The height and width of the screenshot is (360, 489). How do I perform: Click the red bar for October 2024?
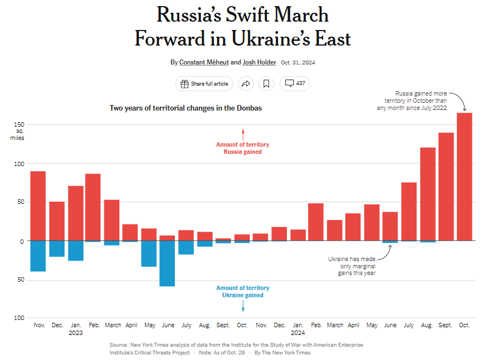click(x=464, y=177)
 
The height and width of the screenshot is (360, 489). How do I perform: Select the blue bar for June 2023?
click(x=167, y=263)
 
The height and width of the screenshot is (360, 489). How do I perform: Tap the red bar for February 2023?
click(x=93, y=207)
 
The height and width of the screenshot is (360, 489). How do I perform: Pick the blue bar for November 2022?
click(x=38, y=256)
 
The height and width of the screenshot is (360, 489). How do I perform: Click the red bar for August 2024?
click(x=427, y=194)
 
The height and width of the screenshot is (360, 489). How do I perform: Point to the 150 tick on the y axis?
click(x=19, y=124)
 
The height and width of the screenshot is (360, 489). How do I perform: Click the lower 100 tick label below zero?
click(x=19, y=318)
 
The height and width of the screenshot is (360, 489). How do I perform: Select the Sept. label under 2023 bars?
click(x=223, y=325)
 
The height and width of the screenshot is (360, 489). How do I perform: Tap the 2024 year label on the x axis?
click(x=298, y=333)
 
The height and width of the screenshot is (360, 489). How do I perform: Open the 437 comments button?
click(x=295, y=84)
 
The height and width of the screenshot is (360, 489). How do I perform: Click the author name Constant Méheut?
click(x=203, y=62)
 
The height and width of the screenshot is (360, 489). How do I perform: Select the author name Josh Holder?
click(x=259, y=62)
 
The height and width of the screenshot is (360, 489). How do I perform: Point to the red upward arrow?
click(x=243, y=134)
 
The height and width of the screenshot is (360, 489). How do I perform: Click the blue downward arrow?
click(x=243, y=306)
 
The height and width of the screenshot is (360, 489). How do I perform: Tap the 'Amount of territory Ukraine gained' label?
click(x=243, y=292)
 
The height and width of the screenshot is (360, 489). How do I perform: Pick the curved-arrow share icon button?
click(x=245, y=84)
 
